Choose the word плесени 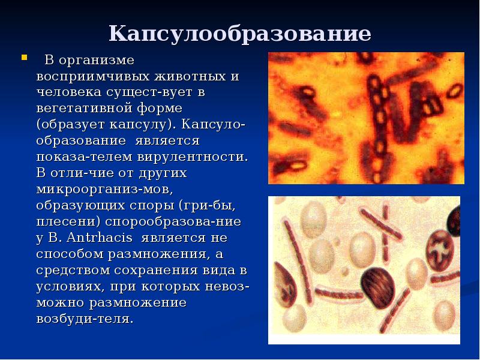(x=66, y=222)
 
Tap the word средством (x=71, y=271)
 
